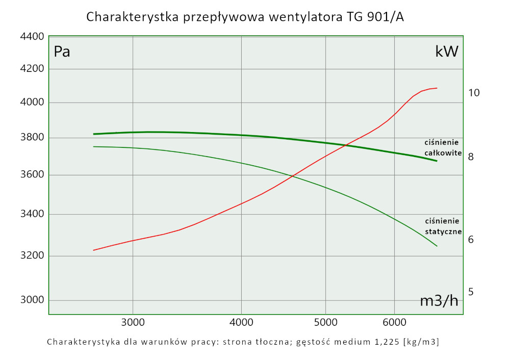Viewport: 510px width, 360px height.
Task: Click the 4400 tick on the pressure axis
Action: coord(32,37)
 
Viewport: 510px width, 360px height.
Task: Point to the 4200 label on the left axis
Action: coord(32,69)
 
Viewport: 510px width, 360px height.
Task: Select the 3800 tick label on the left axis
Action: coord(32,138)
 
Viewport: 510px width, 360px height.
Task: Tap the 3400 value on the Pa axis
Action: coord(32,215)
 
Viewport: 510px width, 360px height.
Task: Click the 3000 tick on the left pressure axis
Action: coord(32,300)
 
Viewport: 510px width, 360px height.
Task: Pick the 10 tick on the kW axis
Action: coord(474,93)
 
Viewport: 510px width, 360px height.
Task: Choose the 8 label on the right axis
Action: coord(471,157)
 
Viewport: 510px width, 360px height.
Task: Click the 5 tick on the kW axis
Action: coord(471,292)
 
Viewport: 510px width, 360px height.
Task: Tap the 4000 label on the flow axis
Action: coord(241,322)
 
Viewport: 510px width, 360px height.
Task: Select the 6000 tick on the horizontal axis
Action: coord(394,322)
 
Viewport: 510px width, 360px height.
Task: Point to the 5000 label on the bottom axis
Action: coord(325,322)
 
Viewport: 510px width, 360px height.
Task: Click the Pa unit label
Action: coord(62,52)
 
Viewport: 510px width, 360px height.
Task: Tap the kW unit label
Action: coord(447,52)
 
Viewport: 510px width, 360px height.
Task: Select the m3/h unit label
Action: coord(439,301)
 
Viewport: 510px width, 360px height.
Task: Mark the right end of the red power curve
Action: coord(437,88)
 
